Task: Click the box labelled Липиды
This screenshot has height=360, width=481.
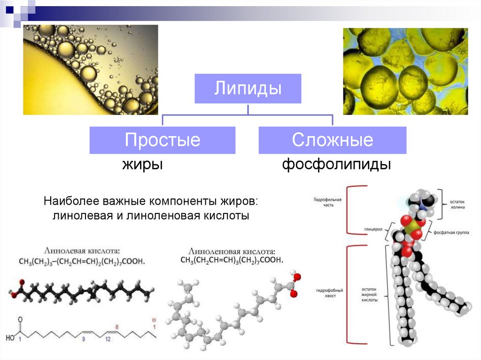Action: [248, 88]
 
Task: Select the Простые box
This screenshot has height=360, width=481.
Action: [162, 140]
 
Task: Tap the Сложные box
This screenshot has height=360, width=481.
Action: [332, 140]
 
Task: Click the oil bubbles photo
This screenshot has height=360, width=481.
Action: [91, 69]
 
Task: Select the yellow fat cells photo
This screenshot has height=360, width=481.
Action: [405, 71]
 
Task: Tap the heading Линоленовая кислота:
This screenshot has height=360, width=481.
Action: [231, 252]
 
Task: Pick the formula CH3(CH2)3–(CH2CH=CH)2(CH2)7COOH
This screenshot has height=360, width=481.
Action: [82, 261]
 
